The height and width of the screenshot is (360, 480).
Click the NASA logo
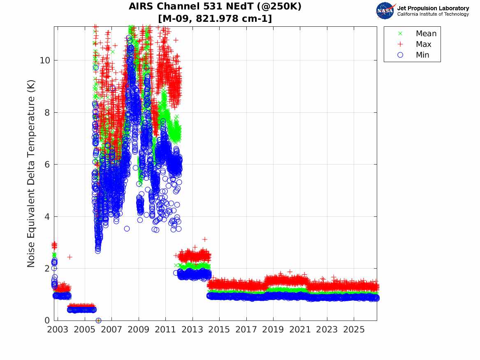(x=385, y=10)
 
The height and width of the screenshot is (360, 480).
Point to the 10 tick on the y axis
(x=45, y=60)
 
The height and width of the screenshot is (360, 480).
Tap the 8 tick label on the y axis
(x=47, y=112)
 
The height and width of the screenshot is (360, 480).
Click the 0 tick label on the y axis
(x=47, y=320)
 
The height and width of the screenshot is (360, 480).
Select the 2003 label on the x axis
(x=58, y=330)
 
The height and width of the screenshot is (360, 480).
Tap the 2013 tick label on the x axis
(x=192, y=330)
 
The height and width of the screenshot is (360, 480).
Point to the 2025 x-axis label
(x=354, y=330)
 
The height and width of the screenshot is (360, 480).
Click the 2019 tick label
(x=273, y=330)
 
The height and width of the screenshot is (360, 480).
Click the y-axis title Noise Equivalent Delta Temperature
(x=31, y=174)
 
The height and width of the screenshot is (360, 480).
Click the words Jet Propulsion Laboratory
(x=433, y=8)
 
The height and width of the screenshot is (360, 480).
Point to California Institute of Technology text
(x=433, y=14)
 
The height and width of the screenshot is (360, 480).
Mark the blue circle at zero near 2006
(x=98, y=321)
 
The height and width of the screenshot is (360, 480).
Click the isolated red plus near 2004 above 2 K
(x=70, y=257)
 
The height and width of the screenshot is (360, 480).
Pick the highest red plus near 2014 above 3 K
(x=205, y=239)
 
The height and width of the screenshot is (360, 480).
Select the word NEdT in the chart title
(x=231, y=6)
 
